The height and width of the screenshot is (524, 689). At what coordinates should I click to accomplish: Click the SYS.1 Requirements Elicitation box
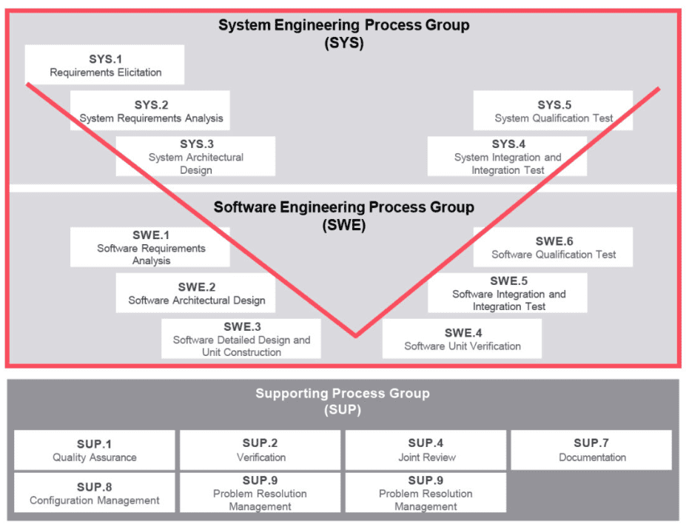coord(104,65)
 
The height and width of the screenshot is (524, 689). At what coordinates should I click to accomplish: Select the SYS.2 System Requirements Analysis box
coord(150,111)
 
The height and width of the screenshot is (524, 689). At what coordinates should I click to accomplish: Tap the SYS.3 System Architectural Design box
coord(195,156)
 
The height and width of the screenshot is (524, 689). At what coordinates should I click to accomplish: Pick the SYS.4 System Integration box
coord(507,156)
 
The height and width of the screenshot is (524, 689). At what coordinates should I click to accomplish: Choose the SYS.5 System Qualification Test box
coord(553,111)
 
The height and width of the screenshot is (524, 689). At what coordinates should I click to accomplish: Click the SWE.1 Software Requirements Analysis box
coord(150,247)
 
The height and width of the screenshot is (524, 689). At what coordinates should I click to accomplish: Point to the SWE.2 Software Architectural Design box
coord(195,293)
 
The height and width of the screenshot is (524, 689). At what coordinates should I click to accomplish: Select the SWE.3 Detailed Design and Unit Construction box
coord(241,339)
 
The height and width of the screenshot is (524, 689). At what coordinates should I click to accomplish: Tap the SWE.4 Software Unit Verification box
coord(462,339)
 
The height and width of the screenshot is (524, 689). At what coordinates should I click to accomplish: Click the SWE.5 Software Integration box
coord(508,293)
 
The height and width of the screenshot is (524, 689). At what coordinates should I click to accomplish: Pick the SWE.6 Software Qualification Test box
coord(553,247)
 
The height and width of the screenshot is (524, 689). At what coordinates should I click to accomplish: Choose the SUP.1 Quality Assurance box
coord(95,450)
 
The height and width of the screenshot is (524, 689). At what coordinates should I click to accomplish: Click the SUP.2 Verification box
coord(261,450)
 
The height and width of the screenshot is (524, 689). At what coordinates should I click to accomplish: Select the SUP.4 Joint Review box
coord(426,450)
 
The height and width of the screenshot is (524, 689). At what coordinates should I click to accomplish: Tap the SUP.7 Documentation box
coord(591,450)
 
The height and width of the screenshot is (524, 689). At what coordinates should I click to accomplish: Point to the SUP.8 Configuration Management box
coord(95,493)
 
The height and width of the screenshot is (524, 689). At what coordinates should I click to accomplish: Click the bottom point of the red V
coord(356,335)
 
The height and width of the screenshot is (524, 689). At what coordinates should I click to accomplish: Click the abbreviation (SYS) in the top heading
coord(343,43)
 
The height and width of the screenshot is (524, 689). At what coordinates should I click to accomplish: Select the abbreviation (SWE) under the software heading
coord(343,225)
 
